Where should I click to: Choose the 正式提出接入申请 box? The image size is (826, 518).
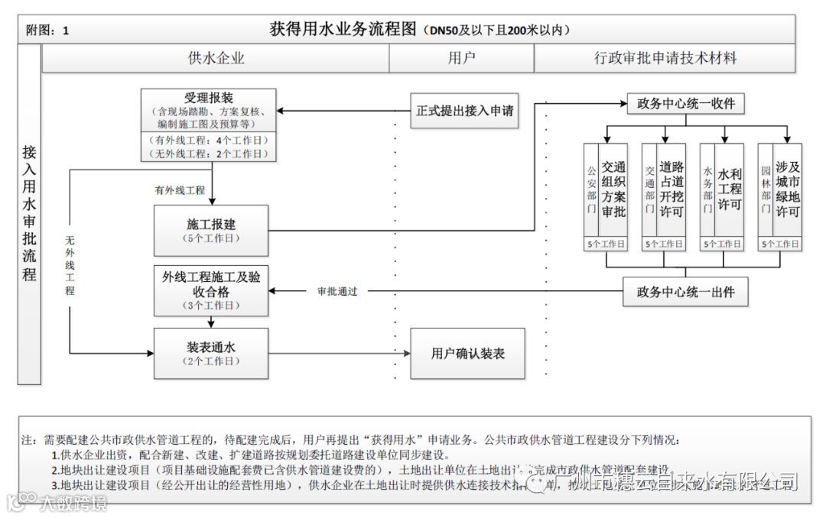(x=464, y=111)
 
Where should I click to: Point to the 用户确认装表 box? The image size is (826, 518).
(x=467, y=353)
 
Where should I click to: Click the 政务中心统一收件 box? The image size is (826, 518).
(x=685, y=104)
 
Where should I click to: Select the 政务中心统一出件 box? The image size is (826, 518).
(x=685, y=291)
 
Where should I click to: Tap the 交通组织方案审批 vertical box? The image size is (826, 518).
(x=613, y=189)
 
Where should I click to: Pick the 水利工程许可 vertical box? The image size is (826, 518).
(x=730, y=189)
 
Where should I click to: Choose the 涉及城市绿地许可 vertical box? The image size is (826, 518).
(x=787, y=189)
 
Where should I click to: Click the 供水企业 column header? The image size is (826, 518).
(x=216, y=58)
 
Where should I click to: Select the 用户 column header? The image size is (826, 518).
(x=462, y=58)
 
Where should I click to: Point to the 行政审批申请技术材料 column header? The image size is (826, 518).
(x=665, y=58)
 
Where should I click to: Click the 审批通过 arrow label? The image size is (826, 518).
(x=338, y=291)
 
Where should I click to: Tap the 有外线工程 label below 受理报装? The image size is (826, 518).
(x=180, y=189)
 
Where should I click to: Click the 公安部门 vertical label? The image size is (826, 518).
(x=590, y=189)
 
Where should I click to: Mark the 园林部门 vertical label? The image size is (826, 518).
(x=766, y=189)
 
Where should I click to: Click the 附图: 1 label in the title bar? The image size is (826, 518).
(x=47, y=31)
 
